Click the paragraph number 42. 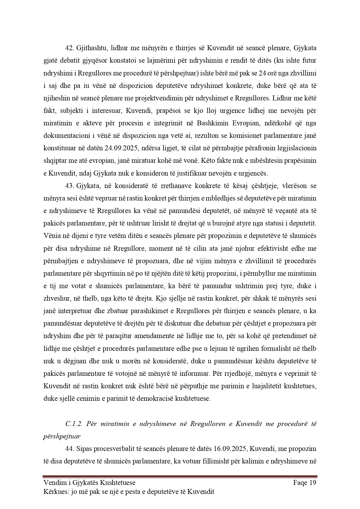[70, 48]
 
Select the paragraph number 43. [70, 186]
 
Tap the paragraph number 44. [70, 449]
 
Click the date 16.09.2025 [230, 449]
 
